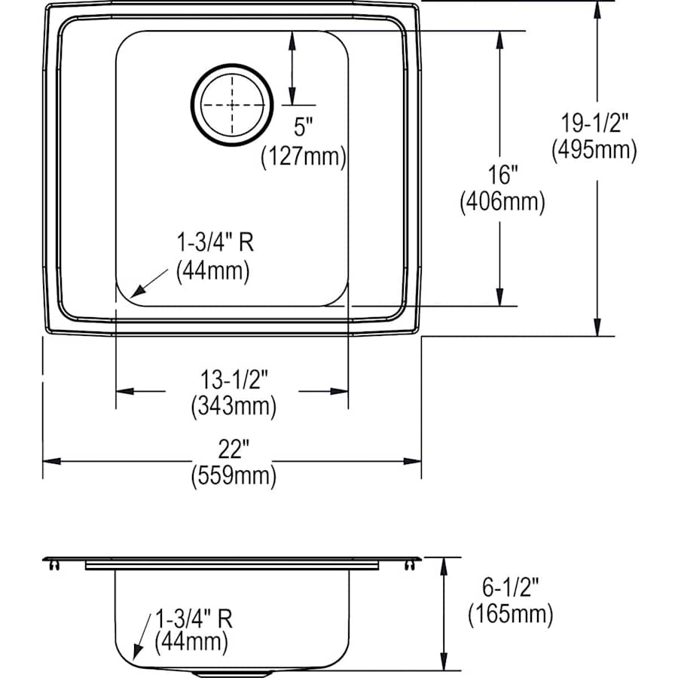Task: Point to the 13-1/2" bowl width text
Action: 233,381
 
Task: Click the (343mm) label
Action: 233,406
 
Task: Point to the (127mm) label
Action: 303,157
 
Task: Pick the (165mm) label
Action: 510,614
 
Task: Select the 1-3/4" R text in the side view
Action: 192,619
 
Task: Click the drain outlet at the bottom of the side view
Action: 232,673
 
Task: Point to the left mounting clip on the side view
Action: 53,563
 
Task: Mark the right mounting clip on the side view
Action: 410,563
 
